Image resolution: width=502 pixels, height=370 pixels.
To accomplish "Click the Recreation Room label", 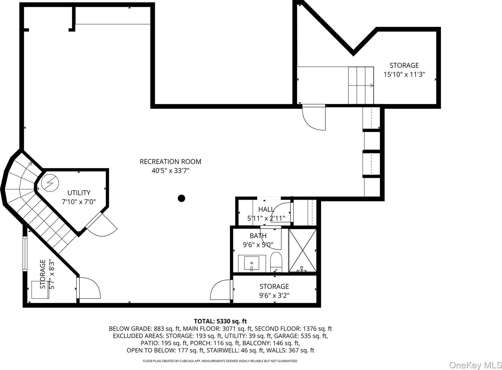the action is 170,162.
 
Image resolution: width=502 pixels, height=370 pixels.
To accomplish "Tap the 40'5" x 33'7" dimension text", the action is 170,171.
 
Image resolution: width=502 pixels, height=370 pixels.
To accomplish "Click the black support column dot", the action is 181,198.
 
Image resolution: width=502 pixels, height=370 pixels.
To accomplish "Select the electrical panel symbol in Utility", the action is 50,183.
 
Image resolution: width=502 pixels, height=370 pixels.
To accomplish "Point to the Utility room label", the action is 79,193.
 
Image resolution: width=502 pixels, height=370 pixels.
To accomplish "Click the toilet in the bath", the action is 276,262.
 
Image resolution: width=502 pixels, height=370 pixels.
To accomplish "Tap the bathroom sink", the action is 252,263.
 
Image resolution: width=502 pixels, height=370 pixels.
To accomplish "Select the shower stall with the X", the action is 302,250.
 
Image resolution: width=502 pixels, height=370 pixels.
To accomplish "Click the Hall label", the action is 266,210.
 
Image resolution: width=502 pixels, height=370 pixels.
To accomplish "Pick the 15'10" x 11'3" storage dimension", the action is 404,74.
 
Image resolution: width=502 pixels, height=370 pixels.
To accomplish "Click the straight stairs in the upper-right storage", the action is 361,85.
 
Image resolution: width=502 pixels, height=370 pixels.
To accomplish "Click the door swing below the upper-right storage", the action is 314,118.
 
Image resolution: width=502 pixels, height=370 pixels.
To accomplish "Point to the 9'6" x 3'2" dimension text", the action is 274,295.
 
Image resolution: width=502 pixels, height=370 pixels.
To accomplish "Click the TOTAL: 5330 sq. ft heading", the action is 220,321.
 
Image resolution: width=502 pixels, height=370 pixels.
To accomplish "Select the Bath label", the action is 258,236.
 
